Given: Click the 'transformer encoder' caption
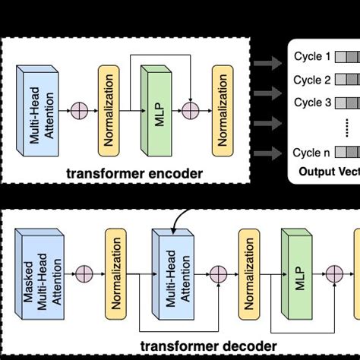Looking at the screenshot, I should tap(144, 174).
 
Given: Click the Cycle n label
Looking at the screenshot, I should tap(312, 153).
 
